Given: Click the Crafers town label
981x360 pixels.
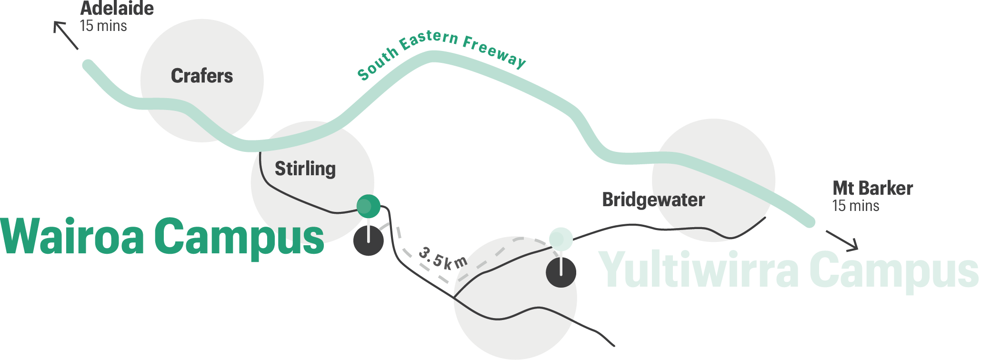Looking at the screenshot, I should point(202,76).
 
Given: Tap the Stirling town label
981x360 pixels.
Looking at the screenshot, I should point(305,169).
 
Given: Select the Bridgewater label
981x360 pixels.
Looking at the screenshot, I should point(653,200).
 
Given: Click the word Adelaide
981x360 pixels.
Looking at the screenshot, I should point(117,9).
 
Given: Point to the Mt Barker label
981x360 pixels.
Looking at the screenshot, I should point(872,189).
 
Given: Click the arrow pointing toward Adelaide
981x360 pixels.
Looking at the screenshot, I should point(65,35).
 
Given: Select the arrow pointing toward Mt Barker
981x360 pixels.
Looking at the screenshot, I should point(842,240).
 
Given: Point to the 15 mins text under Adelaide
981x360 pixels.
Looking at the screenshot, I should point(103,26).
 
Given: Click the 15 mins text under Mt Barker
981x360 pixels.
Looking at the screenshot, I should point(856,206).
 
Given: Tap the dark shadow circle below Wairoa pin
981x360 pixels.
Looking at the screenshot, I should point(368,241).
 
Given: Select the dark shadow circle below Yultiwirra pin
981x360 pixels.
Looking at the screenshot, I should point(561,273).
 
